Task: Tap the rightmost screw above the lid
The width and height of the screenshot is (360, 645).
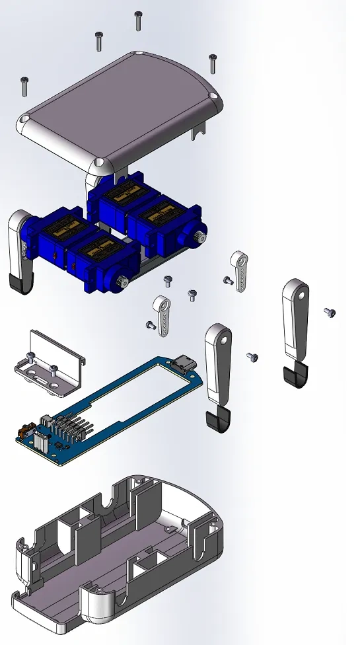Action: pyautogui.click(x=212, y=63)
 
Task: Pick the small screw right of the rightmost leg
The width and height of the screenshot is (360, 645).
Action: pyautogui.click(x=330, y=311)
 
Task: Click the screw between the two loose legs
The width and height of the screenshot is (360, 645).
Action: pyautogui.click(x=252, y=357)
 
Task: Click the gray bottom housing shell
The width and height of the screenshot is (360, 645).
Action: pyautogui.click(x=119, y=562)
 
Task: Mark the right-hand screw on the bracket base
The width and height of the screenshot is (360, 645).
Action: pyautogui.click(x=54, y=369)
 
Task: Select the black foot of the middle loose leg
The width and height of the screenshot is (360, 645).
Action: pyautogui.click(x=217, y=420)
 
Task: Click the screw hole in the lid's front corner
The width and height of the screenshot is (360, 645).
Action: pyautogui.click(x=98, y=162)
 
